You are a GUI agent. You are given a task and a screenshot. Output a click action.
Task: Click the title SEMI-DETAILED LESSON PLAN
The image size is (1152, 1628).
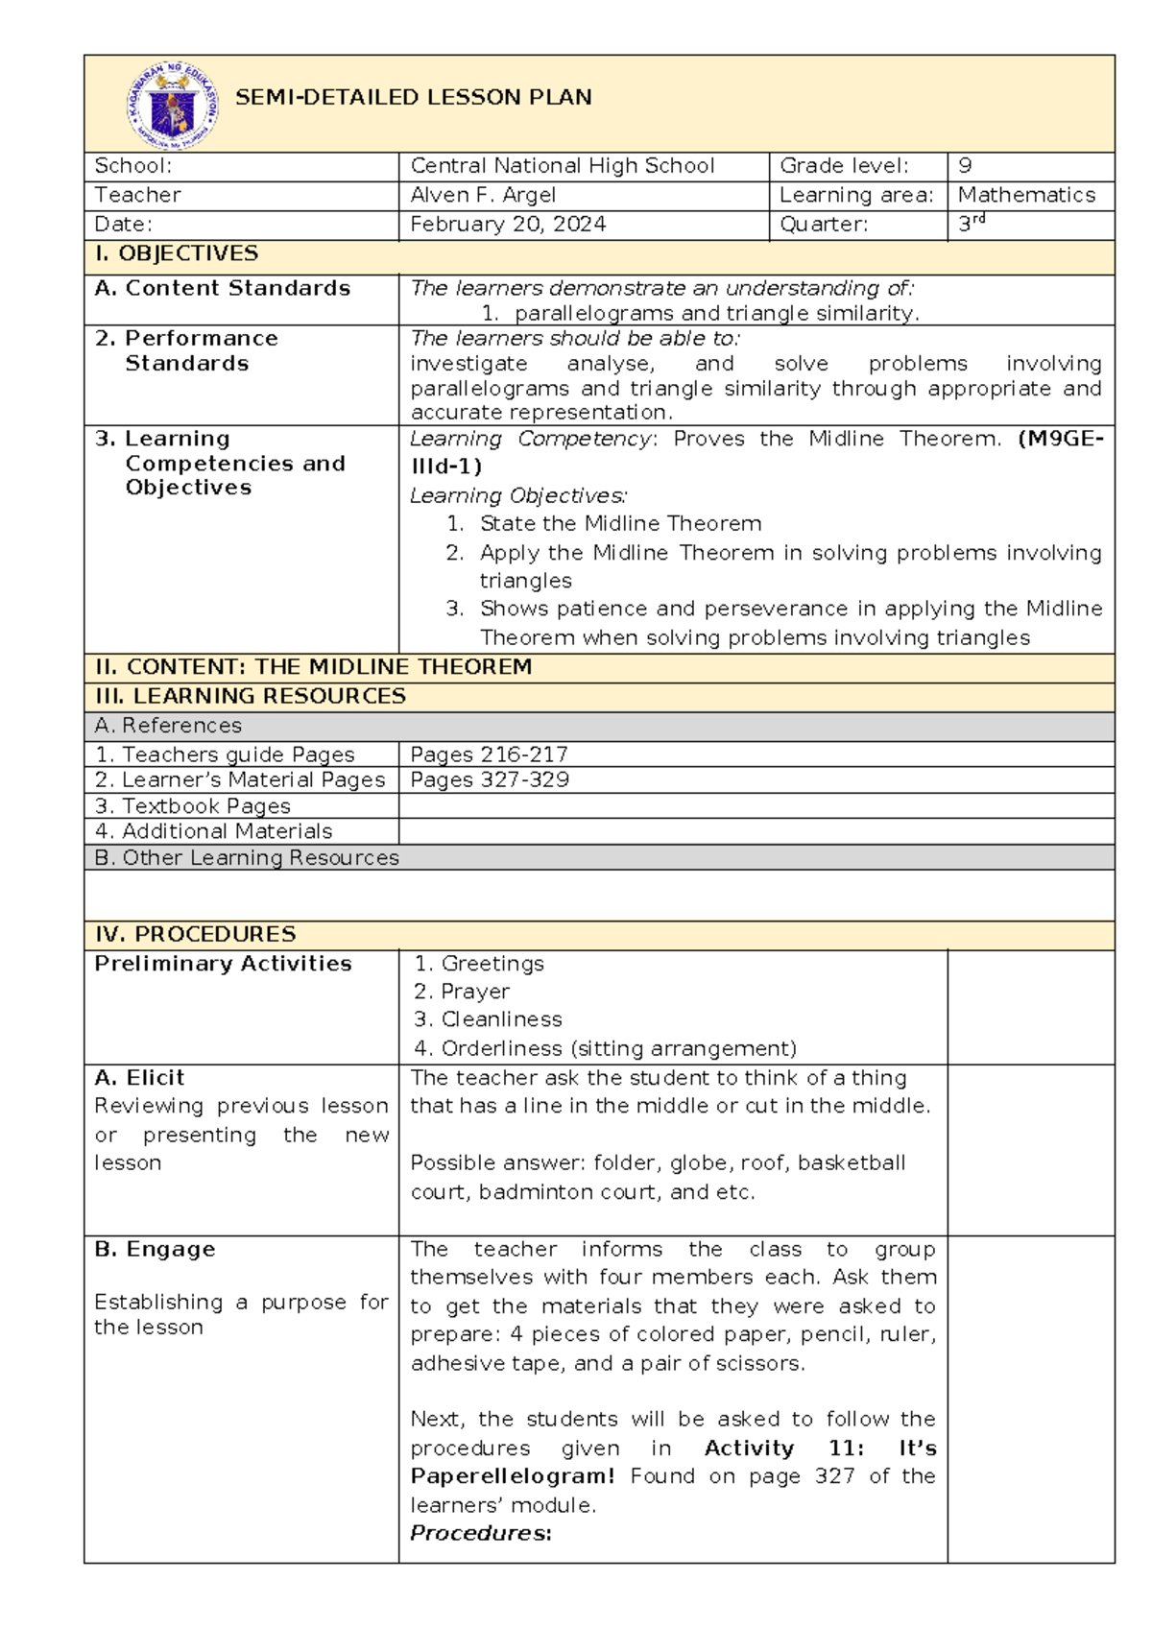pos(413,97)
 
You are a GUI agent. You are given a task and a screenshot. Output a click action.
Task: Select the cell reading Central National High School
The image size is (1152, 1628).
pos(562,166)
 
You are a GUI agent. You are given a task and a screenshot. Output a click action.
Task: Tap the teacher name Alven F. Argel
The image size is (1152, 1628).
pos(483,195)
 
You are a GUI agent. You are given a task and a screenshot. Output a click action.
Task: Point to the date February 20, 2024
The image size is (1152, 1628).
pos(508,225)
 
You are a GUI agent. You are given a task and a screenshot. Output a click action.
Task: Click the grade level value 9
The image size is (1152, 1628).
pos(965,166)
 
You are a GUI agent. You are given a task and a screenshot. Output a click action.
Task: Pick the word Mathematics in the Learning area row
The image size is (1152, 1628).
pos(1026,195)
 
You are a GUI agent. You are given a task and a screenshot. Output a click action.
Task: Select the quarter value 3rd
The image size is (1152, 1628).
pos(971,225)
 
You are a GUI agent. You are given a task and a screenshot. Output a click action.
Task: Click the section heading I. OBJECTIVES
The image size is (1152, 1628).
pos(177,253)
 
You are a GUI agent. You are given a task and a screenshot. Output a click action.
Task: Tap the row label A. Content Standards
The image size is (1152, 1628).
pos(223,288)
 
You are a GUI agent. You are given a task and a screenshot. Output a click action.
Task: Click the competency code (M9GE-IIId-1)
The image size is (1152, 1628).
pos(1060,440)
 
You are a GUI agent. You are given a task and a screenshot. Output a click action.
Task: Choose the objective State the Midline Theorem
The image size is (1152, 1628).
pos(620,524)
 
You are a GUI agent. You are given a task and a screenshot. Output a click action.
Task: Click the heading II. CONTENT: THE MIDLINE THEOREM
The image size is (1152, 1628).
pos(313,667)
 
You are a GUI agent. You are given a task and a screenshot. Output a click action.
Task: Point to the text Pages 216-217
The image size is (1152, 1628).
pos(489,754)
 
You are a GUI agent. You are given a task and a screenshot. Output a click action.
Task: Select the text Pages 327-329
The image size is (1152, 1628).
pos(490,779)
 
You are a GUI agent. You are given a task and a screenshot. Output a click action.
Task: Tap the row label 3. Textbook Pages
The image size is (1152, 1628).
pos(193,806)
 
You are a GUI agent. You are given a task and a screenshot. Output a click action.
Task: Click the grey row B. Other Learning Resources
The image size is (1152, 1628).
pos(247,858)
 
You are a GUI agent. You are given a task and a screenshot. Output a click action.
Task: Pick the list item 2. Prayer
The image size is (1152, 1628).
pos(462,992)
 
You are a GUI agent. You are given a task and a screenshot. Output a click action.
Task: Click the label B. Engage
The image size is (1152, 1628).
pos(155,1250)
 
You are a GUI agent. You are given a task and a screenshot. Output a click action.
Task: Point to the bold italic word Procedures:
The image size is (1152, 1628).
pos(481,1533)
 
